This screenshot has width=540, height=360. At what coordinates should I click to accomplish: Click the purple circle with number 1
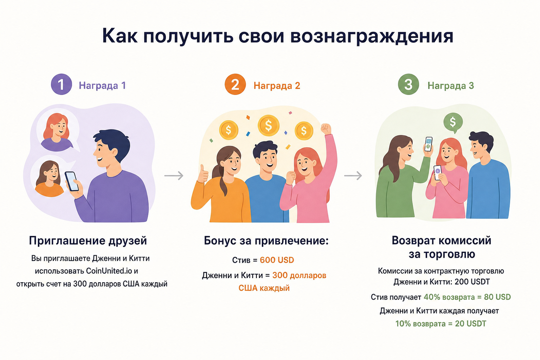click(x=61, y=84)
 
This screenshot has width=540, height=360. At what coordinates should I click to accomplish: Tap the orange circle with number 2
click(x=235, y=84)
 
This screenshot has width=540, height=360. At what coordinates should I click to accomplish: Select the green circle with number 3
click(x=409, y=84)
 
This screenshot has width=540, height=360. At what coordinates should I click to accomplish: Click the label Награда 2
click(x=277, y=85)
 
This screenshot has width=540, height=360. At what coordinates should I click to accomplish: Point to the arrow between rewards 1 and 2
click(x=174, y=175)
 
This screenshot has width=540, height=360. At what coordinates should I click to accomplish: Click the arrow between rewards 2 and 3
click(x=353, y=175)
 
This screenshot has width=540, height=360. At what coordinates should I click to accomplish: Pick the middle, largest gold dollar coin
click(x=268, y=126)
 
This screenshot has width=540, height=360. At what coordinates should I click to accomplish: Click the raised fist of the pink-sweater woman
click(x=326, y=129)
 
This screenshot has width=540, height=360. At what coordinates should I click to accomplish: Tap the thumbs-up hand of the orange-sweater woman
click(x=203, y=174)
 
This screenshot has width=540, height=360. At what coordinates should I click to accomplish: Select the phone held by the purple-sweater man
click(x=72, y=181)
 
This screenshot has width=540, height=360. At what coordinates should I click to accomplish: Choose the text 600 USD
click(x=277, y=260)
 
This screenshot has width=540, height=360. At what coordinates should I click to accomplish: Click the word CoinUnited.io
click(x=109, y=271)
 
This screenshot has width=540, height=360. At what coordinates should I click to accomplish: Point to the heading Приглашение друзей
click(x=88, y=241)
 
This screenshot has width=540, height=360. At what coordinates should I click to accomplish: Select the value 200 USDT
click(x=472, y=282)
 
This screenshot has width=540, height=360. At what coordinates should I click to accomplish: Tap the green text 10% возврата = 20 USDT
click(x=441, y=323)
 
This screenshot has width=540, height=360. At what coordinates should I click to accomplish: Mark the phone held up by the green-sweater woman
click(x=428, y=144)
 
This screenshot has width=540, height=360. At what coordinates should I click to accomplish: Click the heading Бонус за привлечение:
click(x=266, y=241)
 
